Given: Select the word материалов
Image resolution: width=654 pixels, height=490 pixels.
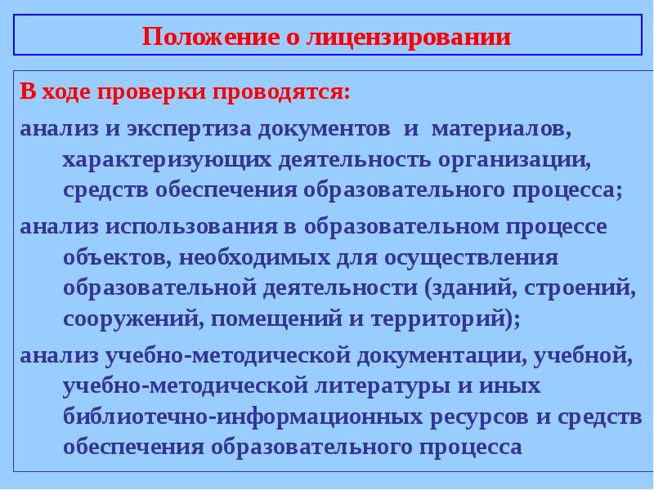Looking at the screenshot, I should pos(496,131).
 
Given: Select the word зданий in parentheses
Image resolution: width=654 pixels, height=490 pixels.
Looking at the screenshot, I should pos(479,287).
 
